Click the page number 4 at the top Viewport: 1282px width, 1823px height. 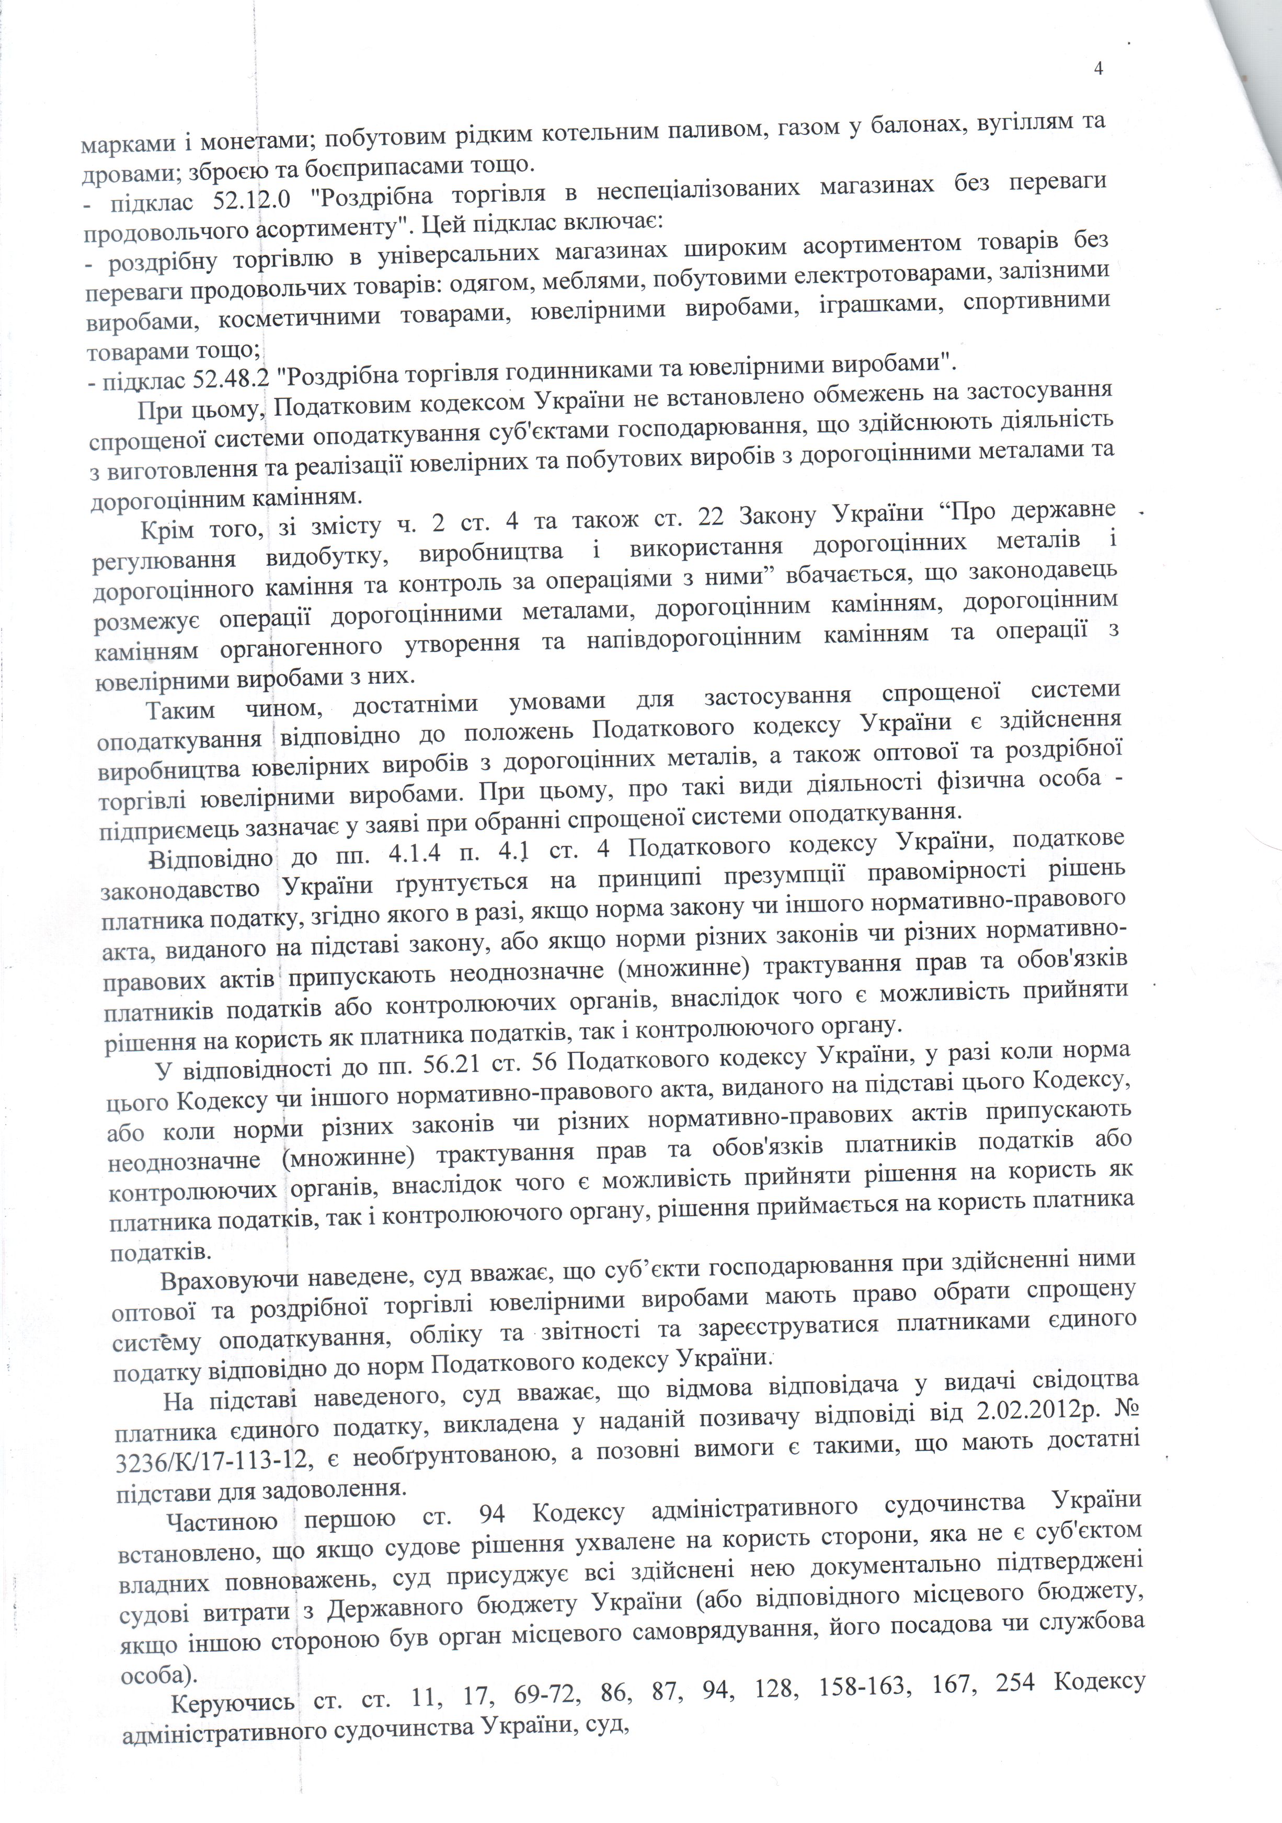(x=1098, y=69)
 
